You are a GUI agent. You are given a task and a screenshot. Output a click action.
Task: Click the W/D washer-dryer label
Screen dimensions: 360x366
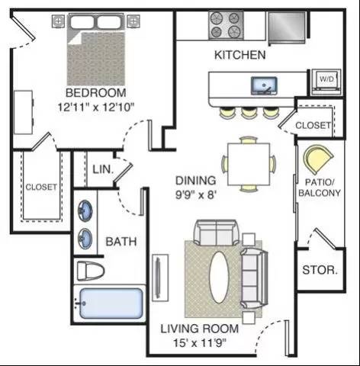click(x=326, y=79)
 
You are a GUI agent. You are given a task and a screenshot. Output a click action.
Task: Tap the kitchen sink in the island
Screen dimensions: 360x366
click(x=264, y=85)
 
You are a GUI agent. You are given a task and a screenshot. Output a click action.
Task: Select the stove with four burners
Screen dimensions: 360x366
click(x=226, y=25)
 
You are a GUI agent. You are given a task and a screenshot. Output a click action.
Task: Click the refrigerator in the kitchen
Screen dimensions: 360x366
click(x=287, y=27)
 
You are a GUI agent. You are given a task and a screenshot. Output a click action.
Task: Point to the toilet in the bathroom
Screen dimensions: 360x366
click(x=90, y=271)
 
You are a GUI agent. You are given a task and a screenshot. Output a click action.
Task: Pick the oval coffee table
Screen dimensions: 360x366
click(x=219, y=278)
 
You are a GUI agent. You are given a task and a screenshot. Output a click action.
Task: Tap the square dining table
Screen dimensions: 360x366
click(x=249, y=164)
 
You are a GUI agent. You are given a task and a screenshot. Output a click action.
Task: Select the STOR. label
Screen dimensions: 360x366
click(x=320, y=270)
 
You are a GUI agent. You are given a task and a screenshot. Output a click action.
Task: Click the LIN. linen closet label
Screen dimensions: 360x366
click(x=103, y=169)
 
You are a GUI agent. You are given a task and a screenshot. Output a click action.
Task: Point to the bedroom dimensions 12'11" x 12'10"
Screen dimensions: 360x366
click(x=96, y=108)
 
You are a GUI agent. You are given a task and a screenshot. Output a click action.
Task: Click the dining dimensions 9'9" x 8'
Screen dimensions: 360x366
click(x=196, y=195)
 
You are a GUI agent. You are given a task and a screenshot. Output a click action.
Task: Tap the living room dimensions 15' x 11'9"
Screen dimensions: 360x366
click(x=200, y=343)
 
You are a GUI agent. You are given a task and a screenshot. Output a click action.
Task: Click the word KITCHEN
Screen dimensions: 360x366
click(x=240, y=55)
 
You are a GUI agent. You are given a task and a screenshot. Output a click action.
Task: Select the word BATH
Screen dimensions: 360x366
click(x=121, y=242)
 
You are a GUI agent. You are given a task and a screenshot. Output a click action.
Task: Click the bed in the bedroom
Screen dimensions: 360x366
click(x=96, y=50)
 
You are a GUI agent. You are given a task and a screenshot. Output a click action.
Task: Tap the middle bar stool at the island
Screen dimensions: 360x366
click(x=249, y=113)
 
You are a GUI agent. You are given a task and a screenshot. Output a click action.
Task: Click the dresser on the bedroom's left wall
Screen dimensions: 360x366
click(x=24, y=112)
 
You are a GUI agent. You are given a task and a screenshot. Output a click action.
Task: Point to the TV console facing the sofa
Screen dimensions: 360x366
click(x=160, y=278)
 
